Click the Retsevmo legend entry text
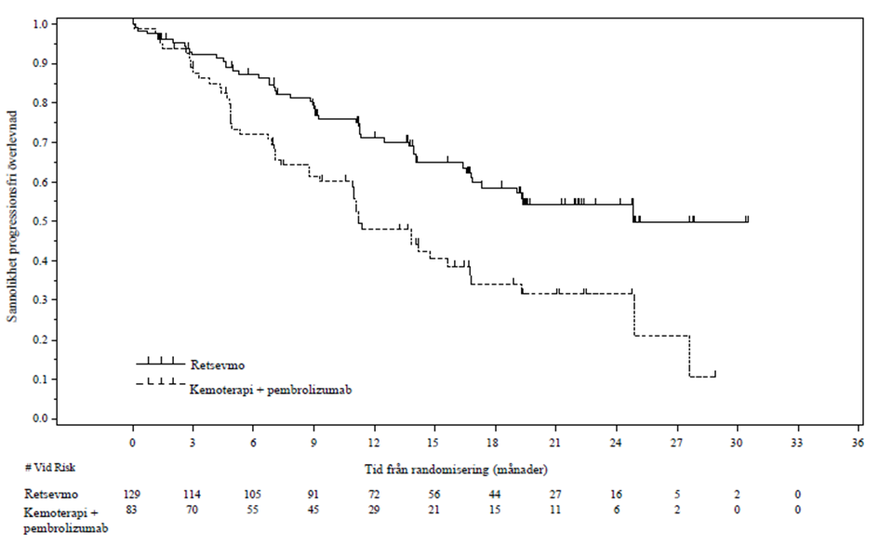pyautogui.click(x=218, y=365)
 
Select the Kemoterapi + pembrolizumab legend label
pyautogui.click(x=271, y=390)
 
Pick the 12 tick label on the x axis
pyautogui.click(x=374, y=443)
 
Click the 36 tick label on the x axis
pyautogui.click(x=857, y=443)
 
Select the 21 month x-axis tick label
pyautogui.click(x=555, y=443)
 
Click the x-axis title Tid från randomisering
pyautogui.click(x=457, y=470)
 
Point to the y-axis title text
pyautogui.click(x=12, y=217)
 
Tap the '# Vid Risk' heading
pyautogui.click(x=50, y=467)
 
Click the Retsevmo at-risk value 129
pyautogui.click(x=132, y=494)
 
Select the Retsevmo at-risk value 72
pyautogui.click(x=374, y=494)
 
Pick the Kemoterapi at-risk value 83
pyautogui.click(x=131, y=510)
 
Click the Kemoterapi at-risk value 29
pyautogui.click(x=374, y=510)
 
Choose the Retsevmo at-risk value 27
pyautogui.click(x=555, y=494)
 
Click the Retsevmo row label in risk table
pyautogui.click(x=51, y=494)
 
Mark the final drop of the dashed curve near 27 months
pyautogui.click(x=689, y=356)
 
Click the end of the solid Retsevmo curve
pyautogui.click(x=748, y=221)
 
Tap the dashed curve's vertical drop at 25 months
pyautogui.click(x=634, y=313)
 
